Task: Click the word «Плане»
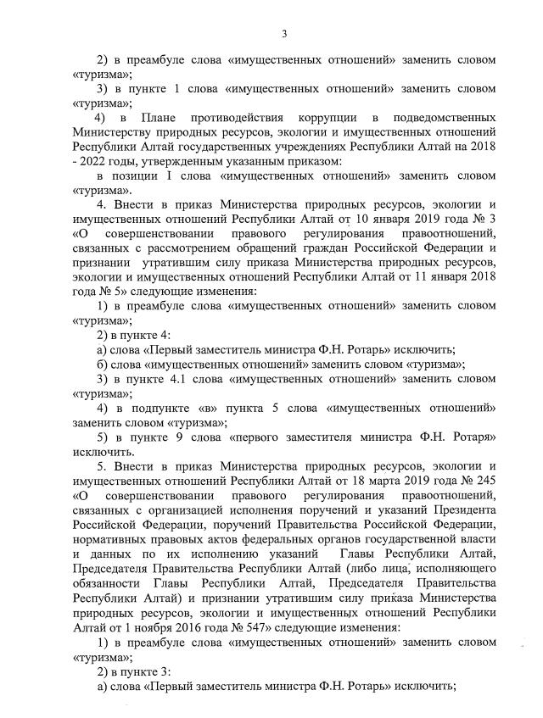click(161, 116)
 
